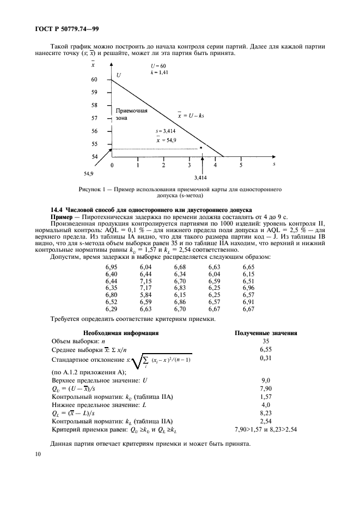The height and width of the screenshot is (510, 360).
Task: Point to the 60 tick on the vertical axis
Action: pyautogui.click(x=94, y=80)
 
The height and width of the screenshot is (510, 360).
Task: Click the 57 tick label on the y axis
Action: pyautogui.click(x=94, y=118)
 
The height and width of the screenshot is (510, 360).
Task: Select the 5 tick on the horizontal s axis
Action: pyautogui.click(x=241, y=164)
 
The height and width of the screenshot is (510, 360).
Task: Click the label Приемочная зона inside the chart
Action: pyautogui.click(x=131, y=114)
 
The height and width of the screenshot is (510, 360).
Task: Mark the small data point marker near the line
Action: pyautogui.click(x=200, y=148)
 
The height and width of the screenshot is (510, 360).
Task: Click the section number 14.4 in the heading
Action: pyautogui.click(x=57, y=209)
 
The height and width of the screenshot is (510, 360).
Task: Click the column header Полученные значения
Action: pyautogui.click(x=265, y=332)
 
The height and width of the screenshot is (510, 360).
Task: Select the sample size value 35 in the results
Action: pyautogui.click(x=266, y=341)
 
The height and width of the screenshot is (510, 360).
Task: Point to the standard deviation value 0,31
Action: pyautogui.click(x=266, y=357)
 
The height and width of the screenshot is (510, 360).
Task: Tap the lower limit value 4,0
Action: pyautogui.click(x=266, y=405)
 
